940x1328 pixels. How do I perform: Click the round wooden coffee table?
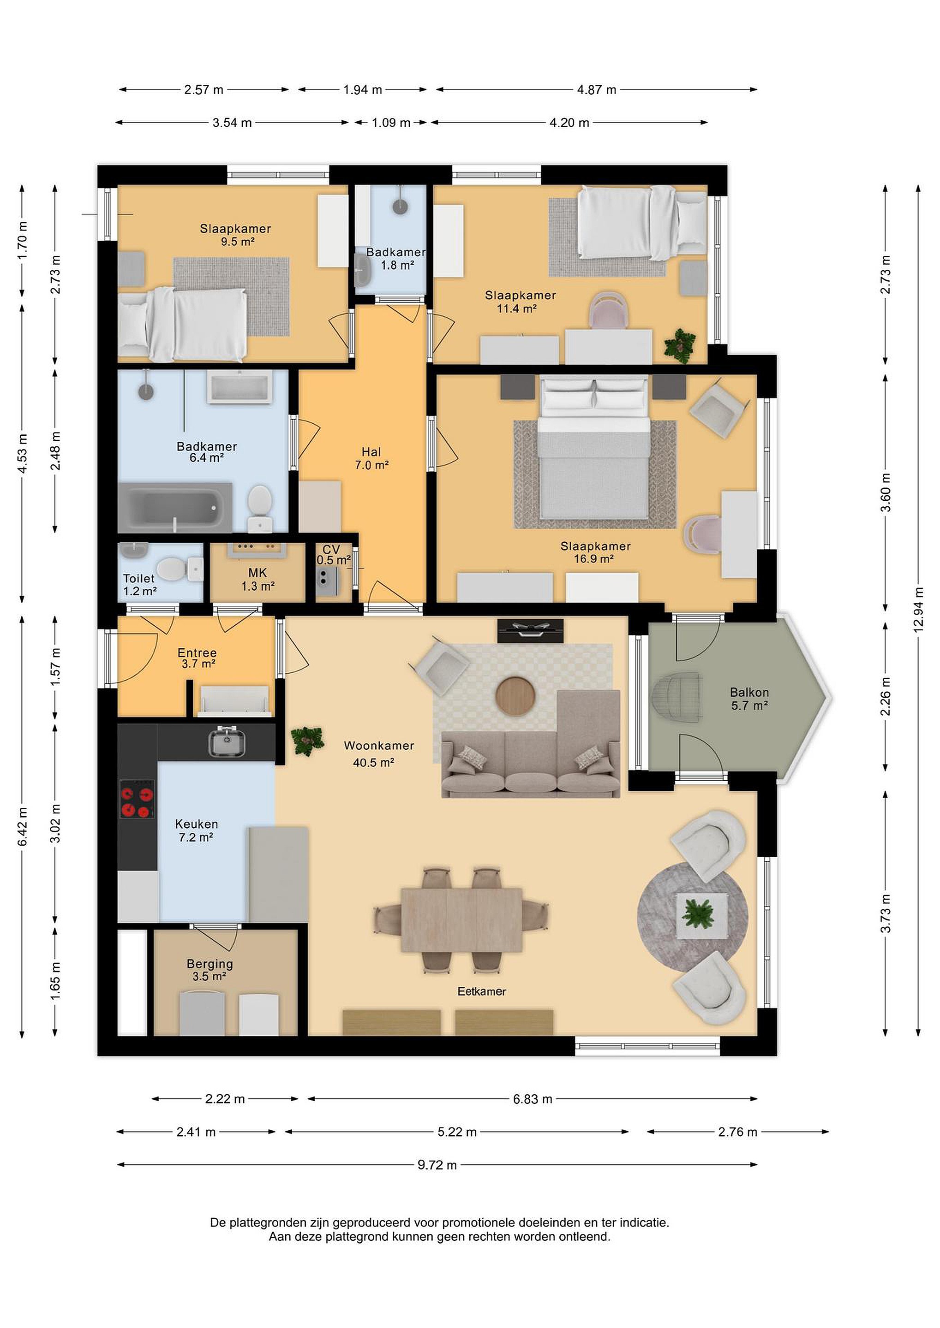pyautogui.click(x=516, y=696)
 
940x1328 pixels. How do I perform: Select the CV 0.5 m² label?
pyautogui.click(x=333, y=555)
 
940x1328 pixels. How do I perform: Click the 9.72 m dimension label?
pyautogui.click(x=437, y=1165)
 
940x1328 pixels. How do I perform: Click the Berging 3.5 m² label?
pyautogui.click(x=210, y=970)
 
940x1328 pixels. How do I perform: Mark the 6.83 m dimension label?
pyautogui.click(x=533, y=1099)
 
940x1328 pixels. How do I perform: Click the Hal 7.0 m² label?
pyautogui.click(x=371, y=458)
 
